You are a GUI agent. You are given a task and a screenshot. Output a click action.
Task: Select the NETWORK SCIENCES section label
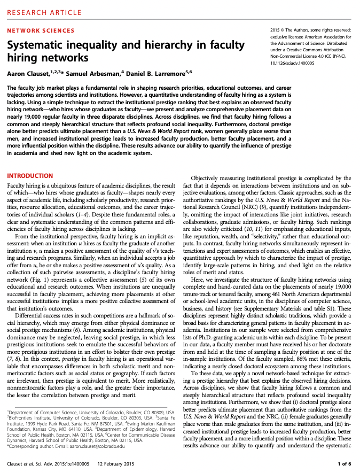tap(41, 31)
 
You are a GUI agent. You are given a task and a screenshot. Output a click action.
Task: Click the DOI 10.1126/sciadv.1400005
tap(292, 63)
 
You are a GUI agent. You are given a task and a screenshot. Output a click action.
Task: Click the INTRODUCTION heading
tap(30, 176)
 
